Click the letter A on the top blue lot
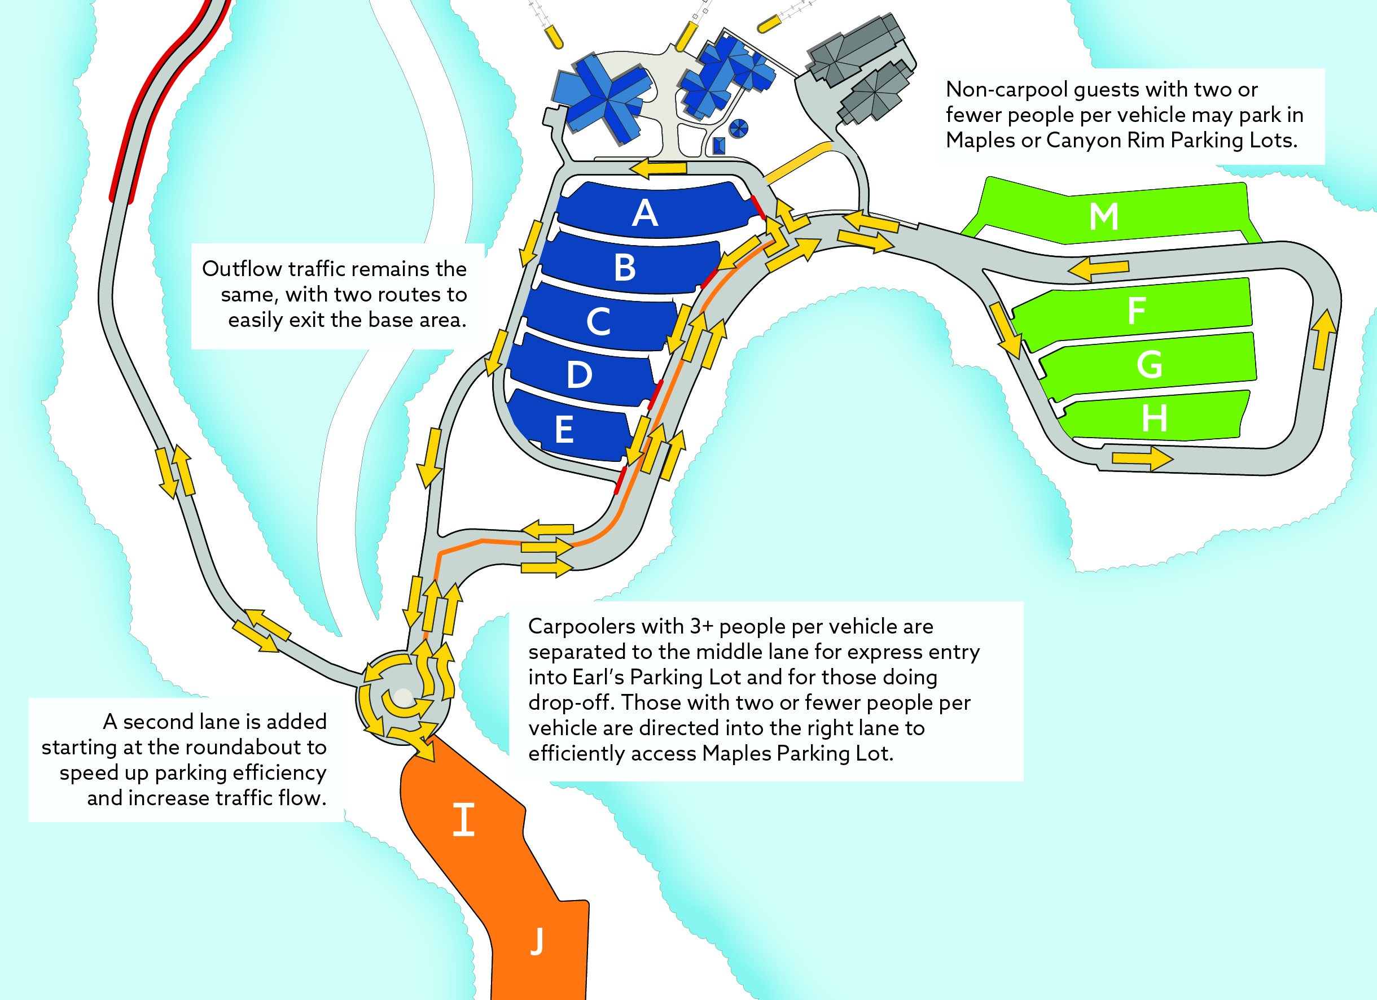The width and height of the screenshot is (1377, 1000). (x=645, y=213)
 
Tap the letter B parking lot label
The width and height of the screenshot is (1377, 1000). (x=625, y=267)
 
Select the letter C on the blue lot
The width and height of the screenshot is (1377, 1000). (x=598, y=321)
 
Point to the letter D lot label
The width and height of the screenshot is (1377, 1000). (x=579, y=374)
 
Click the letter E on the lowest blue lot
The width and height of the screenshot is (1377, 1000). (x=564, y=430)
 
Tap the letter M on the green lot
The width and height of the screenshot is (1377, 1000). (x=1104, y=216)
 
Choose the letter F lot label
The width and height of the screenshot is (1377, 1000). (x=1137, y=311)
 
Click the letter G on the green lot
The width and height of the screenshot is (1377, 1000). (x=1150, y=365)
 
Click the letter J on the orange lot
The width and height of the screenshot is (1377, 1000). (x=537, y=941)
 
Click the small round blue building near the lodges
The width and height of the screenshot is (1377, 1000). (x=738, y=128)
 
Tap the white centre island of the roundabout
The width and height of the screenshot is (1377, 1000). (x=403, y=697)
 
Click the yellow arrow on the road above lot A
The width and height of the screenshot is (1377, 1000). (x=658, y=168)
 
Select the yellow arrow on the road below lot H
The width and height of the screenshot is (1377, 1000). (x=1142, y=458)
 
